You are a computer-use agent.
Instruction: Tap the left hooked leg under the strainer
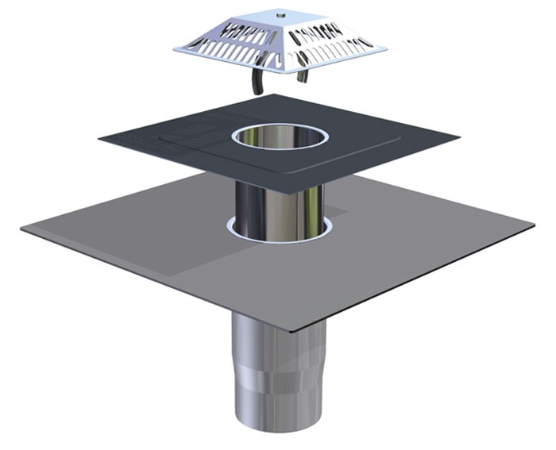(256, 83)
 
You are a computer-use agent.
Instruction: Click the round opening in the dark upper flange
(279, 137)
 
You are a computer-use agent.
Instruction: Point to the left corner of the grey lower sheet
(22, 228)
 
